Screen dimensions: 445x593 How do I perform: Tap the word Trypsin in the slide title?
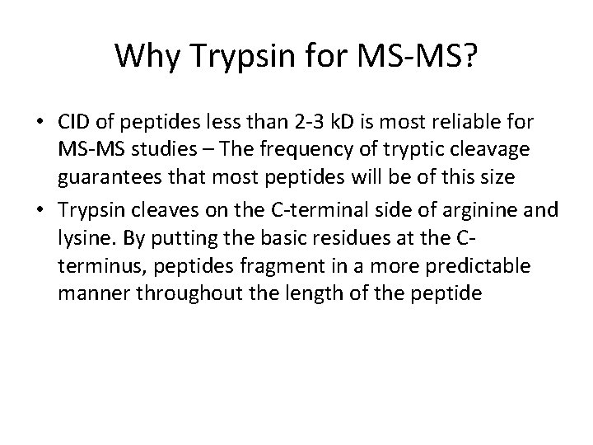point(226,56)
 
